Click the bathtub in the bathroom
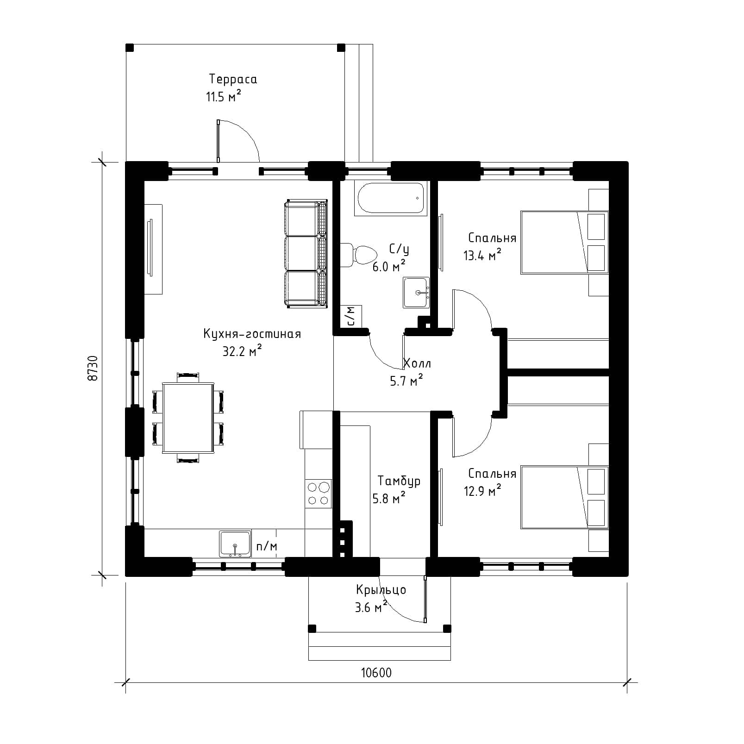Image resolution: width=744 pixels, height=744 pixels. pyautogui.click(x=391, y=198)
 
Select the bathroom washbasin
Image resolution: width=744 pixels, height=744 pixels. pyautogui.click(x=416, y=293)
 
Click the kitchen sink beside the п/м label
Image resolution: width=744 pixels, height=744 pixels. pyautogui.click(x=235, y=544)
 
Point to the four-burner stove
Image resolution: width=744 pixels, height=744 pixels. pyautogui.click(x=319, y=494)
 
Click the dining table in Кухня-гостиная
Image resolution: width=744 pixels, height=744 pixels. pyautogui.click(x=188, y=417)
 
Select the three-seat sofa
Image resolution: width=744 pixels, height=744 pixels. pyautogui.click(x=306, y=254)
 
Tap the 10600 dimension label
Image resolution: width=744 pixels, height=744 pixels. pyautogui.click(x=376, y=673)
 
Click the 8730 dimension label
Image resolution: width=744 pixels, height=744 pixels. pyautogui.click(x=93, y=368)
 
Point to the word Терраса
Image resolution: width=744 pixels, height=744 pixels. pyautogui.click(x=233, y=79)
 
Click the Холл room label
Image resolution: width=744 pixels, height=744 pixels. pyautogui.click(x=417, y=363)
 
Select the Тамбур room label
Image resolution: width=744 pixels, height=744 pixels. pyautogui.click(x=399, y=481)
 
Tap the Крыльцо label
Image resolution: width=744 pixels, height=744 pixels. pyautogui.click(x=381, y=590)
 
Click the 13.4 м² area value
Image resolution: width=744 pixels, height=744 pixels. pyautogui.click(x=482, y=255)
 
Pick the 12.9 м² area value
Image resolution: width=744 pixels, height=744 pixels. pyautogui.click(x=482, y=490)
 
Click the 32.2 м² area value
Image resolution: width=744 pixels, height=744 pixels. pyautogui.click(x=242, y=351)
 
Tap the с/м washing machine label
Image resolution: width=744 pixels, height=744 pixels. pyautogui.click(x=351, y=316)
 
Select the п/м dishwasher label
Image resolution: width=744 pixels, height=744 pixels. pyautogui.click(x=267, y=547)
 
